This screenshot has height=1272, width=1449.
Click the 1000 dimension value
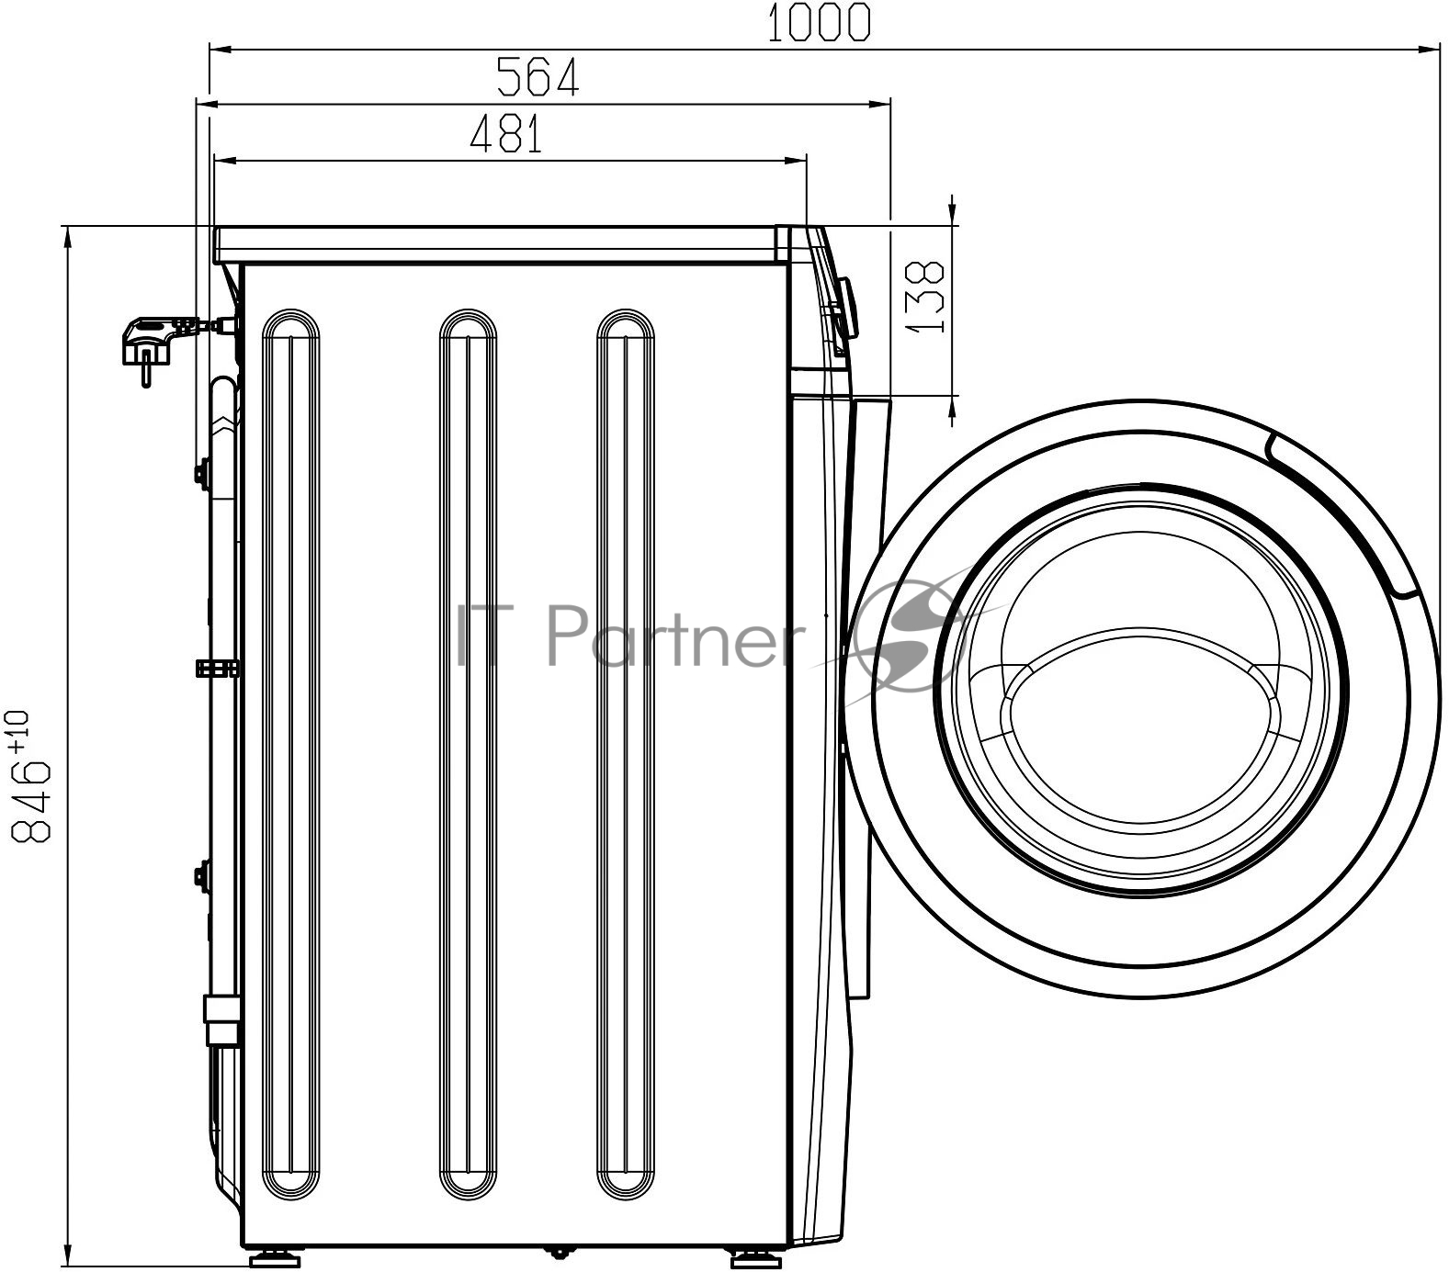tap(817, 23)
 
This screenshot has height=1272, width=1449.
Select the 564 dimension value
tap(538, 77)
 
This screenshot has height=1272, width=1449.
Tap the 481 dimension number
tap(506, 134)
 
